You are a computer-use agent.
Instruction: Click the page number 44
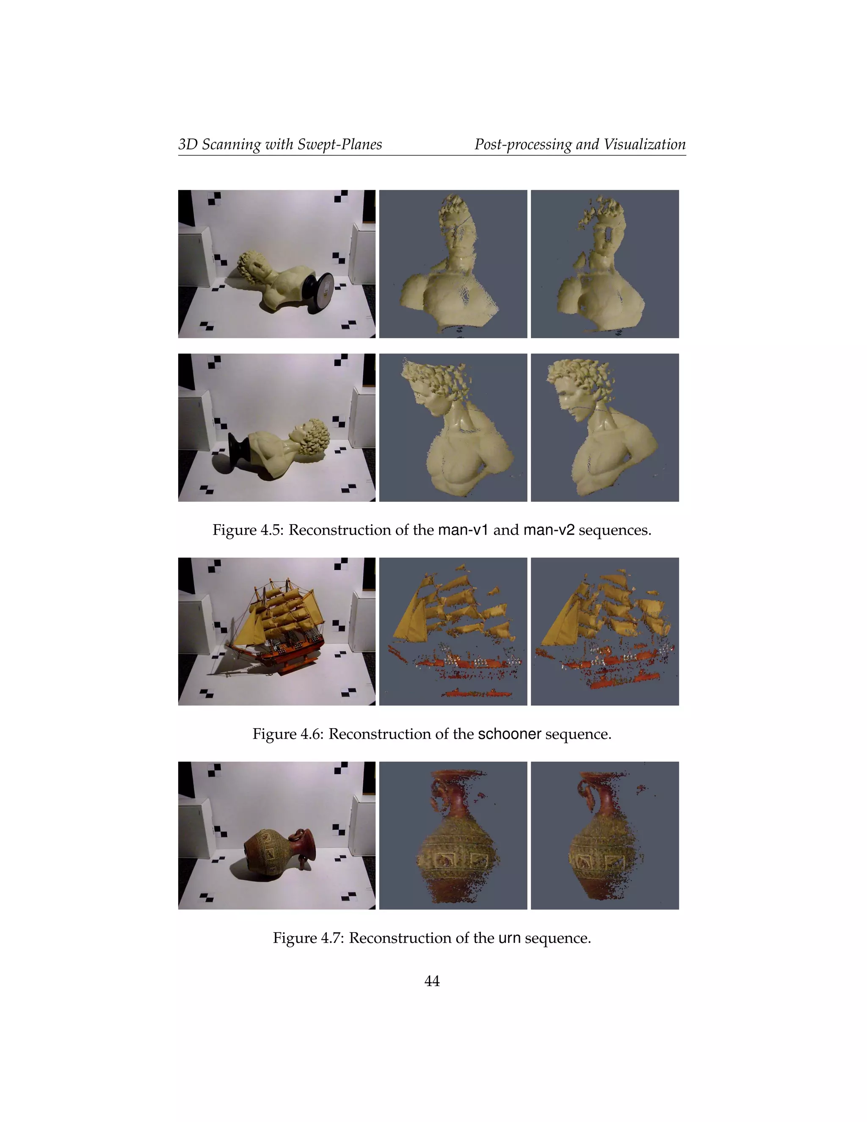pos(432,981)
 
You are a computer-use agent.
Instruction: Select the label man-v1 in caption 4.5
pos(463,530)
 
